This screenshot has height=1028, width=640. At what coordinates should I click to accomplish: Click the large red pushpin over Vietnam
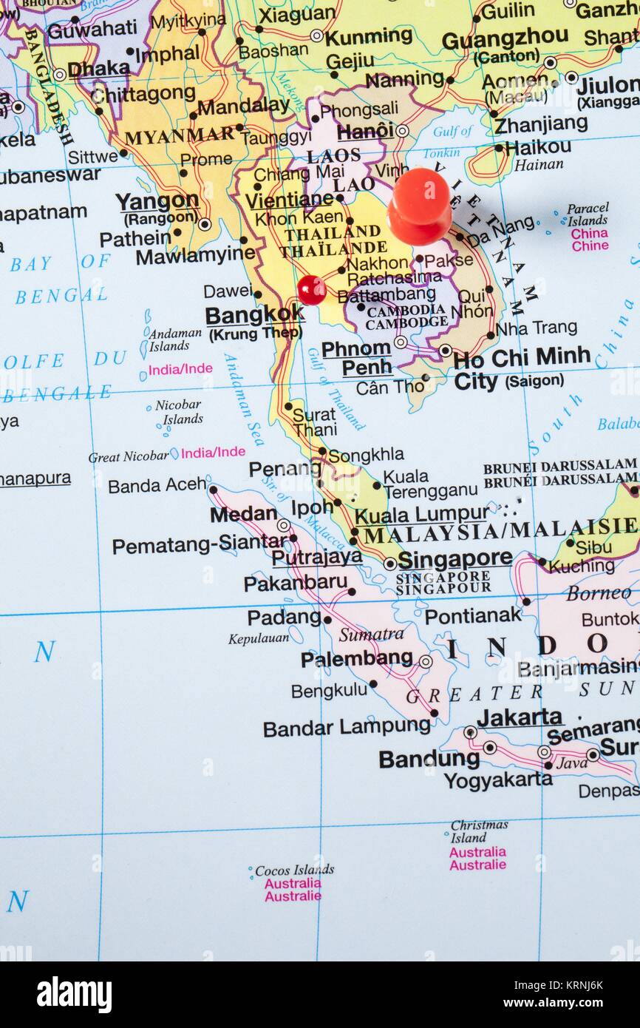[x=419, y=206]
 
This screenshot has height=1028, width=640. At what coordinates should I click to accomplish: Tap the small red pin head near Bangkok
[x=312, y=290]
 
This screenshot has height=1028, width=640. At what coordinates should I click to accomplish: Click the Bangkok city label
[x=254, y=315]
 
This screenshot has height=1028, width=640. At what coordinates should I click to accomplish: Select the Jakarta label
[x=519, y=717]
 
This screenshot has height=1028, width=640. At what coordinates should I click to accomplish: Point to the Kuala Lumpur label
[x=421, y=514]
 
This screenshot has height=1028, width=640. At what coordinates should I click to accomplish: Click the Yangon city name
[x=157, y=201]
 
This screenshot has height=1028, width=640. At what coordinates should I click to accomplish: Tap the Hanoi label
[x=365, y=132]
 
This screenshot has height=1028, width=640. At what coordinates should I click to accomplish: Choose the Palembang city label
[x=356, y=658]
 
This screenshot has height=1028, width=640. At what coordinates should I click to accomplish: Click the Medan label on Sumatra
[x=243, y=514]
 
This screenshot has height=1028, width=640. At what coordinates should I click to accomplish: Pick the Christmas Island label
[x=479, y=831]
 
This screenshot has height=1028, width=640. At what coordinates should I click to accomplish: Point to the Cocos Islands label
[x=294, y=870]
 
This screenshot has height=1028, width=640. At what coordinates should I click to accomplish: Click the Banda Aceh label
[x=157, y=486]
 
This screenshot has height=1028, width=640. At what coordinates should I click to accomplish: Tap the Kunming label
[x=369, y=36]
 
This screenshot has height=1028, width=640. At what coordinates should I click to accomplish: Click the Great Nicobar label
[x=129, y=457]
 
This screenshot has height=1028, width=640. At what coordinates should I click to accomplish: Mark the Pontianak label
[x=473, y=615]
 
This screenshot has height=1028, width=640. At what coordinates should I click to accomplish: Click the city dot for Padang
[x=327, y=620]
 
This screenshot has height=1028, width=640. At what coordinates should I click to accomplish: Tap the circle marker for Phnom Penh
[x=400, y=342]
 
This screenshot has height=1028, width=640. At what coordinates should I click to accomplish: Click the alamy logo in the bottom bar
[x=75, y=995]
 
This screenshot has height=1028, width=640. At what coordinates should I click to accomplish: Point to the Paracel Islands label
[x=588, y=214]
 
